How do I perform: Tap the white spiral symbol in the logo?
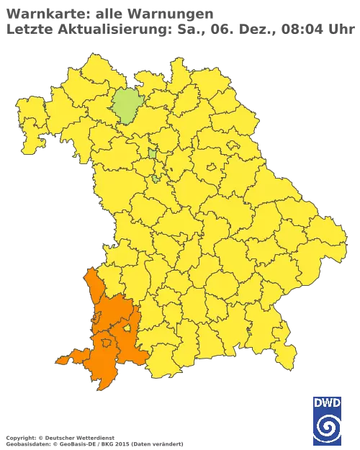point(328,428)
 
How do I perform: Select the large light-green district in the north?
point(128,107)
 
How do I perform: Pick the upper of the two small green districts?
point(153,152)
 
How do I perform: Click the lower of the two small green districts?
point(155,178)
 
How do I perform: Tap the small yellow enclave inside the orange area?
point(127,328)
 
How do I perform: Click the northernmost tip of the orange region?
point(87,271)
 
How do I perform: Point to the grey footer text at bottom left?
point(94,438)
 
